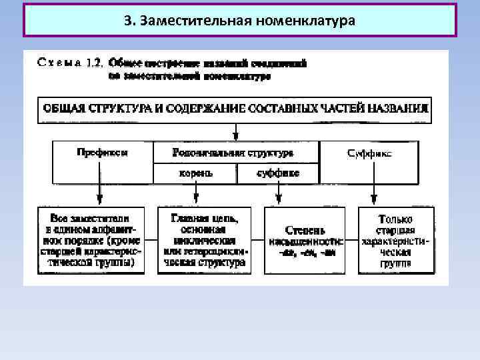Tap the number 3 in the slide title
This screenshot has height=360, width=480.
pos(127,19)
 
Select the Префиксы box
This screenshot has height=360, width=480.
pos(103,161)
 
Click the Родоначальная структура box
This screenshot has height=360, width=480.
pos(237,153)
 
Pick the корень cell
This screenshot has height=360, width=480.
pos(195,173)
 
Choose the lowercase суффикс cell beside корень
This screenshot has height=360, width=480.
pos(278,173)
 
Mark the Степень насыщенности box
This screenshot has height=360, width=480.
pos(306,240)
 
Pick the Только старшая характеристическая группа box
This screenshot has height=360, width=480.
pos(397,240)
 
